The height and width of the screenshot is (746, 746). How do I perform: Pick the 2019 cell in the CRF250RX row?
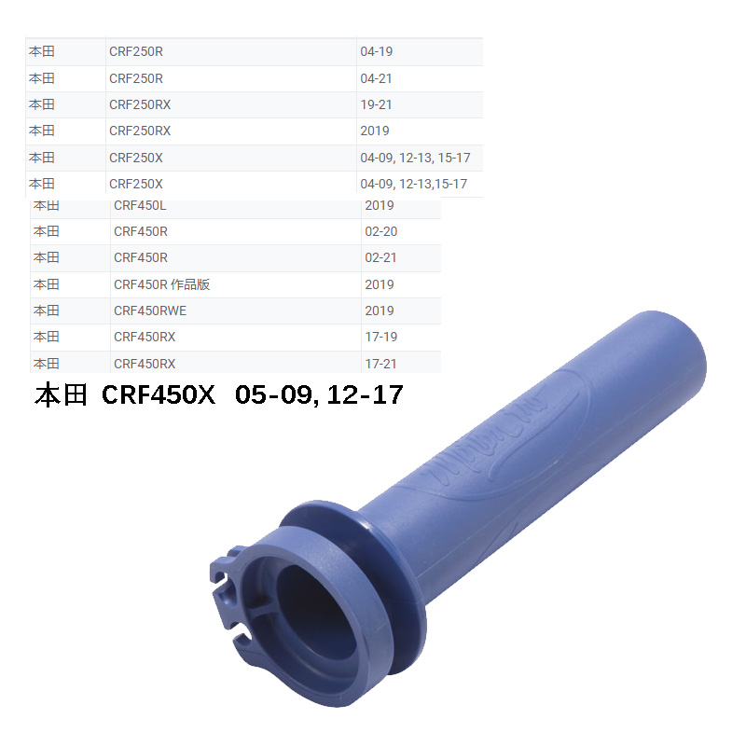click(375, 131)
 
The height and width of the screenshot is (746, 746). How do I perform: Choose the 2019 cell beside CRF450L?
click(380, 205)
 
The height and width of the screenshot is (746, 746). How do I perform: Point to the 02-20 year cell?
click(380, 231)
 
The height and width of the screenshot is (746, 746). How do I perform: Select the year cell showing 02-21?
click(380, 257)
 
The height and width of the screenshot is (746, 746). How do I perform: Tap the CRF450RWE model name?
click(150, 311)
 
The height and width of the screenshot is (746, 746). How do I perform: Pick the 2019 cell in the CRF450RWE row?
click(380, 311)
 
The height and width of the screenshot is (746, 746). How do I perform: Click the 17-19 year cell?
click(380, 337)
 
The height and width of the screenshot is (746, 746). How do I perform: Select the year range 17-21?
click(380, 363)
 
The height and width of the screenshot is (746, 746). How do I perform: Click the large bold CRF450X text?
click(159, 395)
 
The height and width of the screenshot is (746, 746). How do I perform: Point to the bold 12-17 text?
click(365, 395)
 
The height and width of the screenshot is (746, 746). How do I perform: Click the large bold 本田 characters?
click(60, 395)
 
